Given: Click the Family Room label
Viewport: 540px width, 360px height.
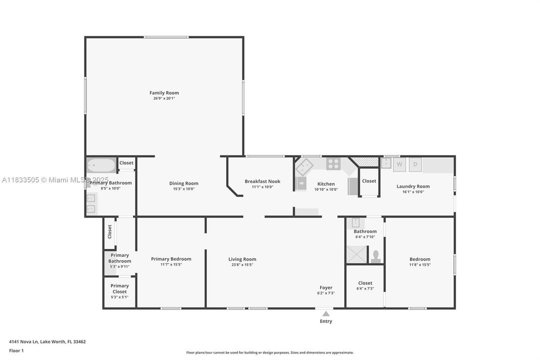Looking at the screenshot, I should (164, 92).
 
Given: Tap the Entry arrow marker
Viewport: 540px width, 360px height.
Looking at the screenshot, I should (326, 314).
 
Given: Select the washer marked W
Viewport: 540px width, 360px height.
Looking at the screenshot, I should (400, 164).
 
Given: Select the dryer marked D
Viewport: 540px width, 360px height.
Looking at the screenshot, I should (415, 164).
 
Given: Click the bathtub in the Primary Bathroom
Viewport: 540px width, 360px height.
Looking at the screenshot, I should (101, 164).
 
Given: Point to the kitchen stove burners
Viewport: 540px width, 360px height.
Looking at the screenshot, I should (333, 163).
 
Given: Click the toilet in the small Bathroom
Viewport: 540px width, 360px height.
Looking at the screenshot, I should (376, 256).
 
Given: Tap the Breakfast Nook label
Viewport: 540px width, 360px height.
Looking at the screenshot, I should (262, 181).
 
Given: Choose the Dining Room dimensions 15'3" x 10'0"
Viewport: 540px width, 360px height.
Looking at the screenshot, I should (184, 189).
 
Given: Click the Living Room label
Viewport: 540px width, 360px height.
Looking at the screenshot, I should (242, 259).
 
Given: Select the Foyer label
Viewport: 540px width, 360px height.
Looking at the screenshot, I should (326, 287).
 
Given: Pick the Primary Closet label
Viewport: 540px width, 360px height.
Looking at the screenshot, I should (119, 288).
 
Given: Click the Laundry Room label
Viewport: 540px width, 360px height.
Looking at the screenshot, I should (413, 186).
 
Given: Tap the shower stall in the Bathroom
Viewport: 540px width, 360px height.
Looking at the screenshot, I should (357, 254).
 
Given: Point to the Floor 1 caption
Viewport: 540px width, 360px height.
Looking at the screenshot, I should (16, 350).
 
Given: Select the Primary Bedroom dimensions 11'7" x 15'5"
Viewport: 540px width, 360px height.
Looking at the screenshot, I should (171, 264).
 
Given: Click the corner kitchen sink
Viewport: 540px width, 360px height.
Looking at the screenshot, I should (304, 164).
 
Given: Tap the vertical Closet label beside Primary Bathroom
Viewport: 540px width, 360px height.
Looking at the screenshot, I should (110, 231).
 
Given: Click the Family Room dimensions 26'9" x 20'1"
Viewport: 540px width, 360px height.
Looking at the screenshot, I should (164, 98).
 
